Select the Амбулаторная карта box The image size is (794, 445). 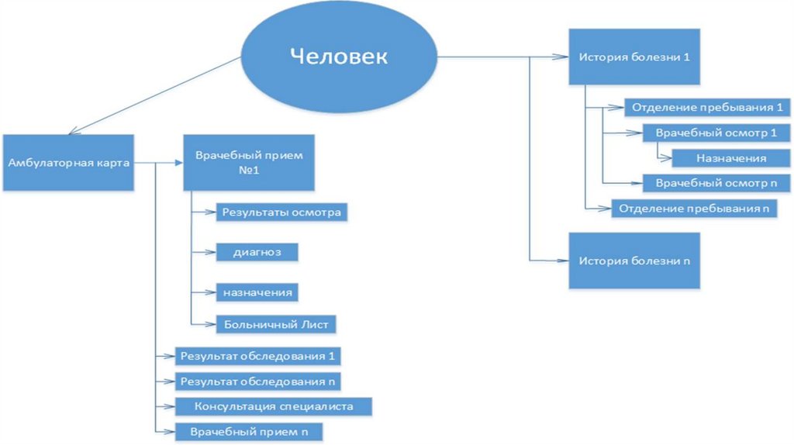pyautogui.click(x=68, y=163)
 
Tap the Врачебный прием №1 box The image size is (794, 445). pyautogui.click(x=249, y=163)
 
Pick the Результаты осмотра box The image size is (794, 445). pyautogui.click(x=281, y=211)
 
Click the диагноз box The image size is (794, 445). pyautogui.click(x=257, y=253)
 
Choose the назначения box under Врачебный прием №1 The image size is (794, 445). pyautogui.click(x=257, y=293)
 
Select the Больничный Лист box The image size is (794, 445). pyautogui.click(x=277, y=324)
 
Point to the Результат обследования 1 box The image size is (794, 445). pyautogui.click(x=258, y=356)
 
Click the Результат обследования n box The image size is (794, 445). pyautogui.click(x=257, y=381)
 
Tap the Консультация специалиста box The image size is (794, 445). pyautogui.click(x=274, y=406)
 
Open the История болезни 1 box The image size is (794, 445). pyautogui.click(x=634, y=57)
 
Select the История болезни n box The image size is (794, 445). pyautogui.click(x=634, y=260)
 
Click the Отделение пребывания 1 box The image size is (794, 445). pyautogui.click(x=706, y=107)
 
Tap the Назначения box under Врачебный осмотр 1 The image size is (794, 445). pyautogui.click(x=731, y=158)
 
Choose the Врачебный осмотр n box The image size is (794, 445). pyautogui.click(x=716, y=183)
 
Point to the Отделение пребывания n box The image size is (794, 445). pyautogui.click(x=694, y=209)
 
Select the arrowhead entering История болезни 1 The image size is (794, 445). pyautogui.click(x=563, y=56)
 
